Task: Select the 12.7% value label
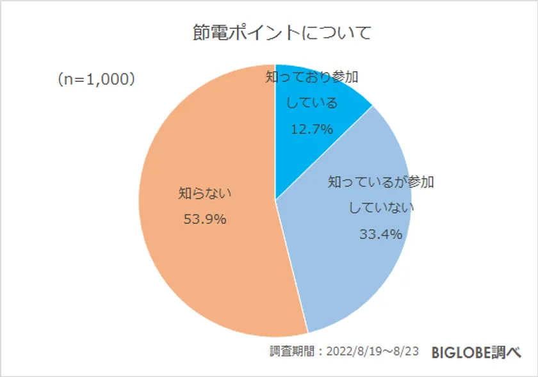click(312, 129)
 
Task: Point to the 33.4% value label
click(380, 234)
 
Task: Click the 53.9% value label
click(205, 220)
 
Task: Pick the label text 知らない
click(205, 192)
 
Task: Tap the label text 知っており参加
click(312, 77)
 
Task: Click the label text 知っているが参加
click(380, 182)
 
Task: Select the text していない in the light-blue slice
click(381, 208)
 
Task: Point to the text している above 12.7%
click(312, 102)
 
